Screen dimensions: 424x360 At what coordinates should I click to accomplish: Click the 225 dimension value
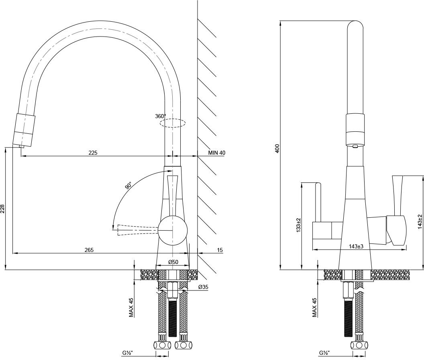coord(93,153)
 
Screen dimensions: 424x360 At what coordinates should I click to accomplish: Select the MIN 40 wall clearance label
coord(217,153)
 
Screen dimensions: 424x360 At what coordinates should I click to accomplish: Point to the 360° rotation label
coord(160,116)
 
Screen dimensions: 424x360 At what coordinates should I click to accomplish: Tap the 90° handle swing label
coord(128,186)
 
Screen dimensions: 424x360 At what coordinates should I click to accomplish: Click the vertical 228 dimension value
coord(3,209)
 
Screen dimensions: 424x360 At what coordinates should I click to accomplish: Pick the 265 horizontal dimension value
coord(89,250)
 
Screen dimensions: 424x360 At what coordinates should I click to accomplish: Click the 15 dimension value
coord(220,250)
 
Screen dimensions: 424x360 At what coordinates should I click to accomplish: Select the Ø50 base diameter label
coord(173,262)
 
